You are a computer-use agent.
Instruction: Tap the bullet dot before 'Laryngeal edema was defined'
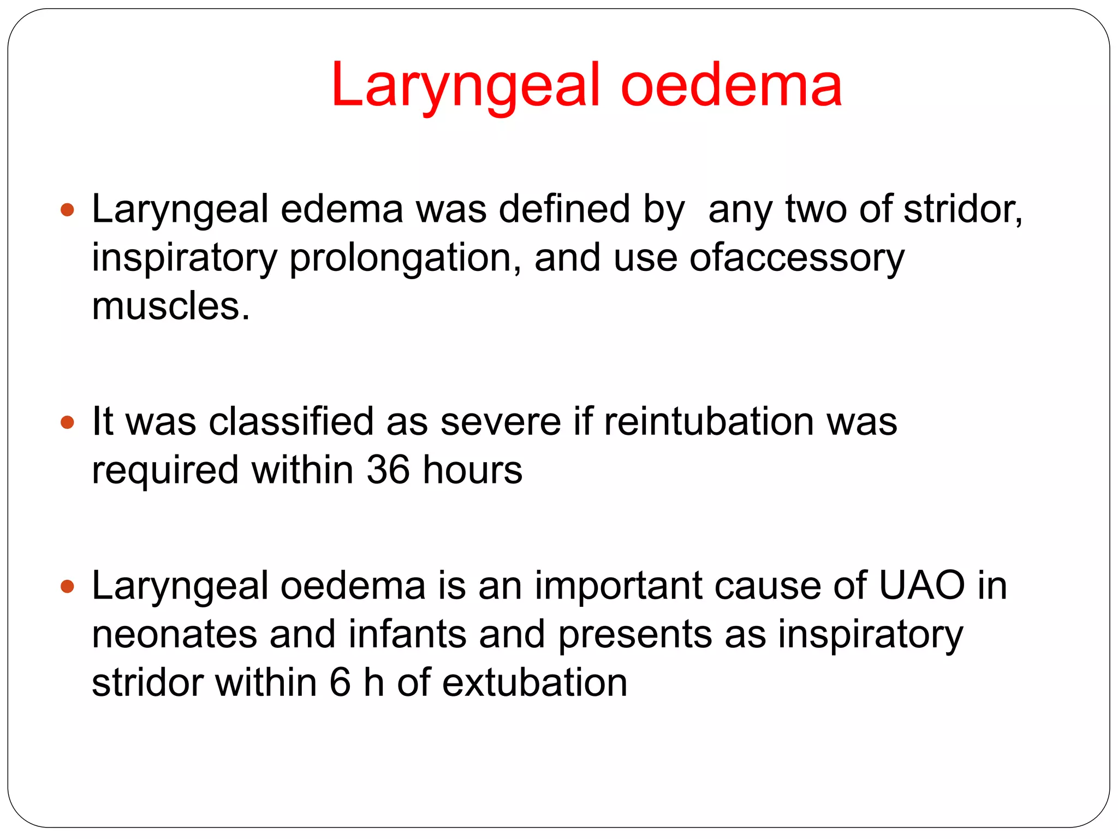click(x=67, y=210)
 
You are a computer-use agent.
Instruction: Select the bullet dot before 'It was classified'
click(x=67, y=422)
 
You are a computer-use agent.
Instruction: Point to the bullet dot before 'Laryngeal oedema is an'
click(x=67, y=587)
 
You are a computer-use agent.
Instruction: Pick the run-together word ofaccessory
click(x=797, y=258)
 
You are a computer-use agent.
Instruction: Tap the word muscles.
click(x=170, y=306)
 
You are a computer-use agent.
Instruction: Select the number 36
click(x=388, y=470)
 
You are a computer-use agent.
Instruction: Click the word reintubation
click(x=709, y=422)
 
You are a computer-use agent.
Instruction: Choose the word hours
click(x=472, y=470)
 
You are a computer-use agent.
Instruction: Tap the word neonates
click(x=174, y=635)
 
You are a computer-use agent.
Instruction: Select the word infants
click(x=407, y=635)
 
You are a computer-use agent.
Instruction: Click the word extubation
click(x=534, y=683)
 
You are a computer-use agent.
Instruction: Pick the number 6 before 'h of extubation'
click(x=340, y=683)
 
